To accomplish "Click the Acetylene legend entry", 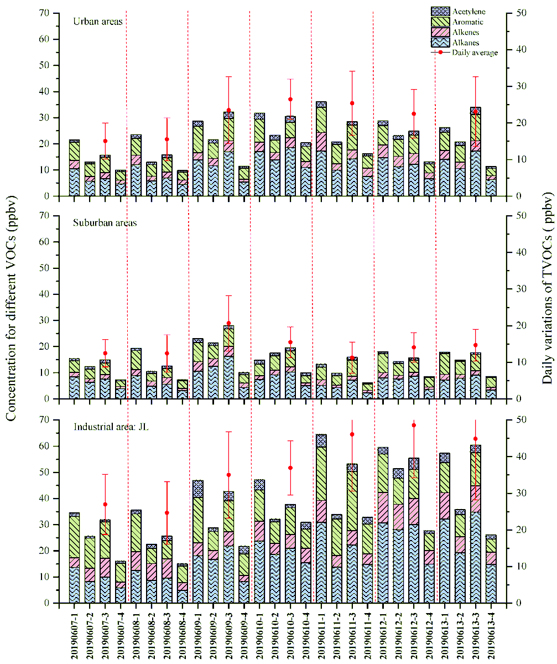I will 467,12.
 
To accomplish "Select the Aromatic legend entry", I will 467,22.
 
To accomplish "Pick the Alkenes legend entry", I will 466,33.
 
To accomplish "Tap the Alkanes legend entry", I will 466,43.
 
